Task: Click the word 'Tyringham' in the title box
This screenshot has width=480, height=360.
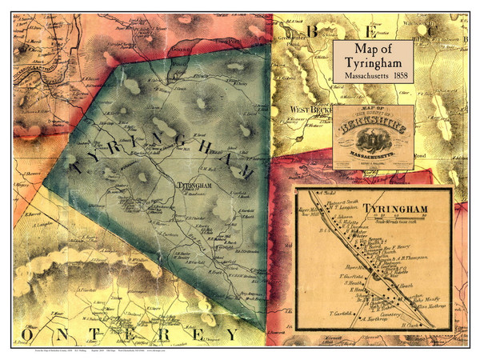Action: tap(374, 63)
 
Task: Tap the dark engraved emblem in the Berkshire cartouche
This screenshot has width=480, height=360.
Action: tap(374, 145)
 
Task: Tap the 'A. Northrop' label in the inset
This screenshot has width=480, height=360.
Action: tap(372, 318)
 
